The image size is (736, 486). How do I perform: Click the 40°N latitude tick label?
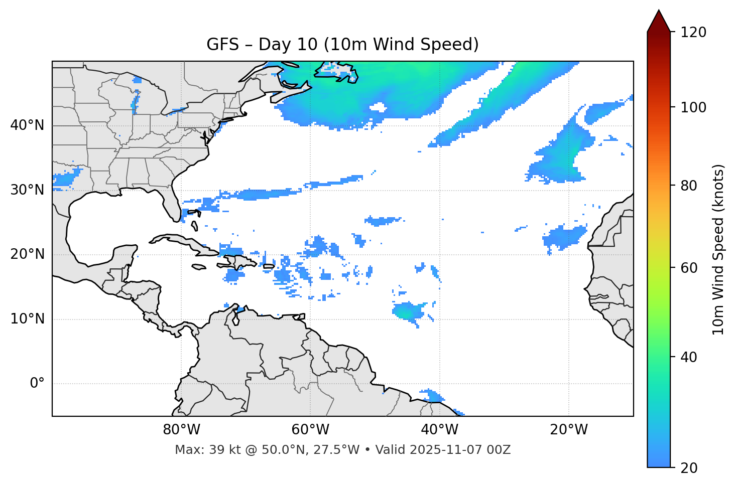pos(27,125)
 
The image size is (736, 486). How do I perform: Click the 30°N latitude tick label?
pos(27,190)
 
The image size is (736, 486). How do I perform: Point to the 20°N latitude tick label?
pos(27,254)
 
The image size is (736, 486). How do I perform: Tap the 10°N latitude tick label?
pos(27,319)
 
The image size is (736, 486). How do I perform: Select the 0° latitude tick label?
pos(37,384)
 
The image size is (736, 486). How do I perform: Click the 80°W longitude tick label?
pos(181,430)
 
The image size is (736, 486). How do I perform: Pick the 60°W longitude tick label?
pos(310,430)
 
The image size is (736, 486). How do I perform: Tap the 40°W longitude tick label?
pos(439,430)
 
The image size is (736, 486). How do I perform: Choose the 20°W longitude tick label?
pos(569,430)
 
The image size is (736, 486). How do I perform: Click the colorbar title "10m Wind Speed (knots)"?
pos(718,249)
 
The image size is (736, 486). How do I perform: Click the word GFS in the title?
pos(222,45)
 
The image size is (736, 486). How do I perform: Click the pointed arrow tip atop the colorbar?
pos(659,12)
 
